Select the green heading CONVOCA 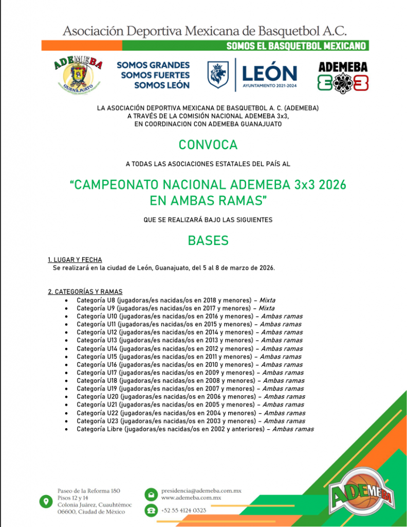pyautogui.click(x=208, y=145)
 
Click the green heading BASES pyautogui.click(x=208, y=241)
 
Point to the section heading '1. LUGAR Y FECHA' pyautogui.click(x=75, y=260)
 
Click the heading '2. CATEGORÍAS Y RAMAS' pyautogui.click(x=85, y=292)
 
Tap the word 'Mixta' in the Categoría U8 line pyautogui.click(x=267, y=300)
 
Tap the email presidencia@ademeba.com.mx pyautogui.click(x=201, y=491)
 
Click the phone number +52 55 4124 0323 pyautogui.click(x=183, y=510)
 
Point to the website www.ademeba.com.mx pyautogui.click(x=191, y=498)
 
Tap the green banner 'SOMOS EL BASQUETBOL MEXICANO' pyautogui.click(x=297, y=46)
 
